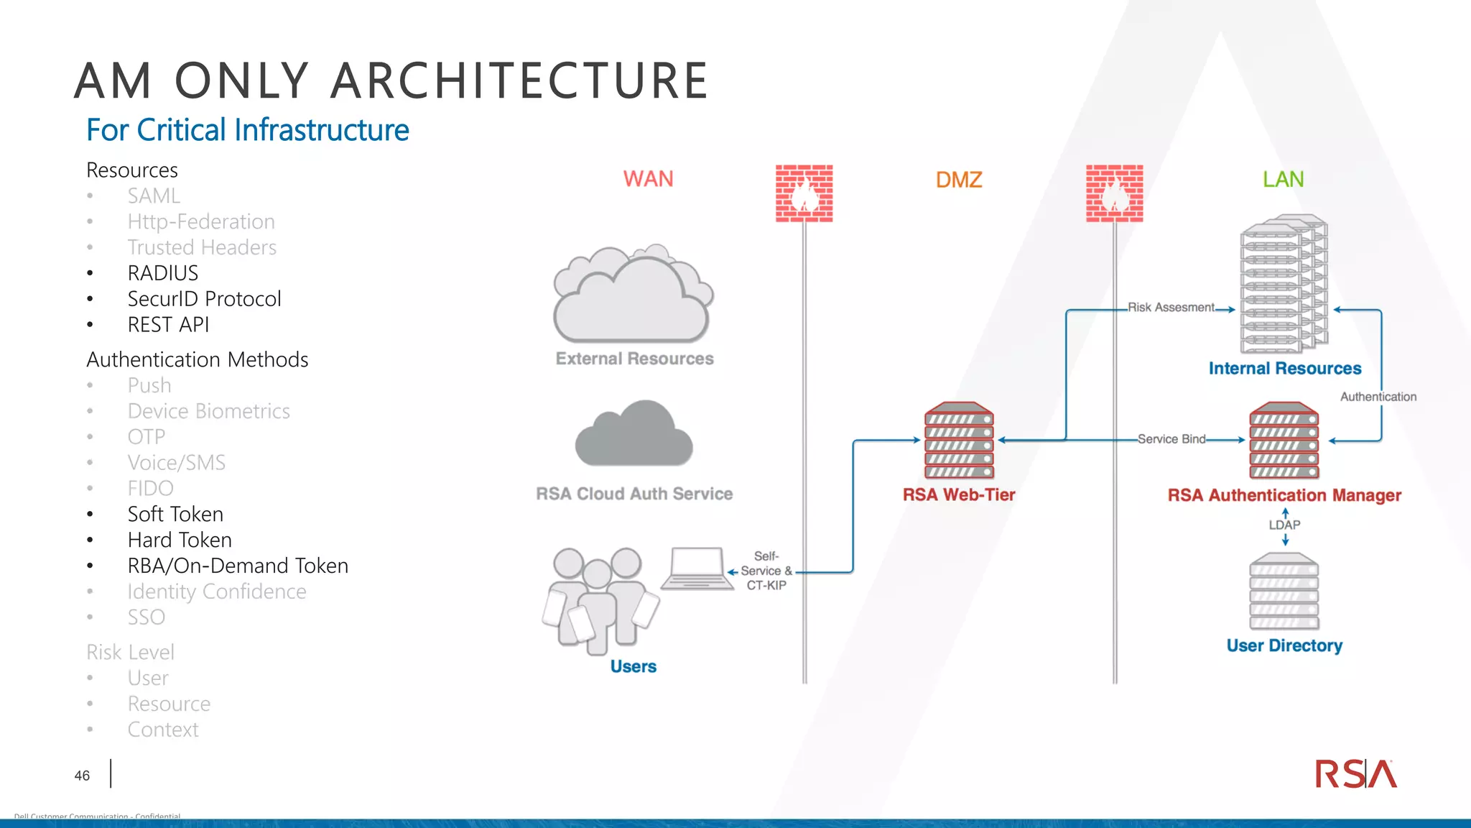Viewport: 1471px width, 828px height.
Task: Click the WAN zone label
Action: pos(648,179)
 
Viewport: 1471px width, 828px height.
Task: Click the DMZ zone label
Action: pos(959,180)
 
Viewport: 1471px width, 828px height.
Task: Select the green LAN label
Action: pos(1283,179)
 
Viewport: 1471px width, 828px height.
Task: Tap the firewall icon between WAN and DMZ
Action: pos(804,193)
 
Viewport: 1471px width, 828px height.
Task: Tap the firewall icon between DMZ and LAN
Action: pos(1114,193)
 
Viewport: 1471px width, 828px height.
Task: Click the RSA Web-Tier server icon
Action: pos(959,440)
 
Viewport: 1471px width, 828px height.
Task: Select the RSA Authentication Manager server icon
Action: pos(1284,440)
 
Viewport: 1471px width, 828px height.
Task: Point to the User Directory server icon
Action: pos(1284,591)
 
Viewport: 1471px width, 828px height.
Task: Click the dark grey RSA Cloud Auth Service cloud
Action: pos(634,434)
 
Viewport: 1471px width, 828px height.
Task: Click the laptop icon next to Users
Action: pos(694,569)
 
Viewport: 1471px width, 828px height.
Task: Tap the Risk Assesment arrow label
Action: pos(1171,308)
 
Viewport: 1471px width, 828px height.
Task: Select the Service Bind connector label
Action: pos(1171,439)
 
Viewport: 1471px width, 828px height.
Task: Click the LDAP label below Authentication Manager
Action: pos(1284,525)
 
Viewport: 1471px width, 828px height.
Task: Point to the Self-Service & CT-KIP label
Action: pos(766,571)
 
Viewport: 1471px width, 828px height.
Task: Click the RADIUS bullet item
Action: pos(162,273)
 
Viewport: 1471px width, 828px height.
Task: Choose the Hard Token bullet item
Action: pos(180,540)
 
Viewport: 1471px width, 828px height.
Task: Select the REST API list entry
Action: pos(168,325)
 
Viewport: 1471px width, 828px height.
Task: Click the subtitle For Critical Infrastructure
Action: pos(247,130)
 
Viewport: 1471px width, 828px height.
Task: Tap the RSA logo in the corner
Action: pos(1355,774)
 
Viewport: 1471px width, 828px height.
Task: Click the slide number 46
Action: pos(82,776)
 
